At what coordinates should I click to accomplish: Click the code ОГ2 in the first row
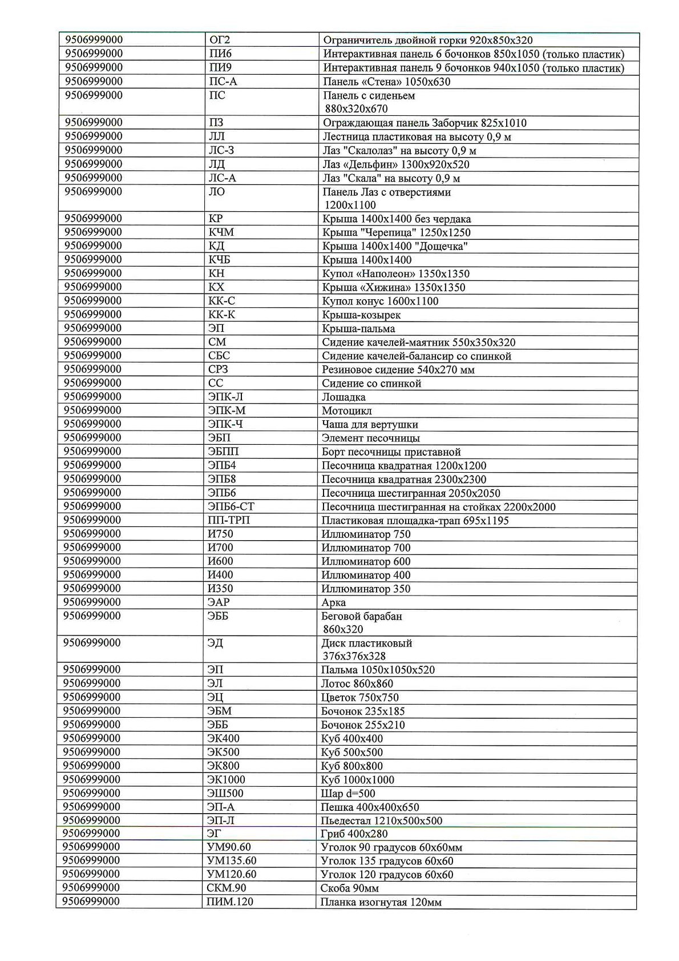coord(220,40)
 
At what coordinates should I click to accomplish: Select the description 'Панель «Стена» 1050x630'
coord(386,82)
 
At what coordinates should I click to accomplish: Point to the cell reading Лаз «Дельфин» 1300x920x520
coord(395,164)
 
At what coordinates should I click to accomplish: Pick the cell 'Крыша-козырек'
coord(361,315)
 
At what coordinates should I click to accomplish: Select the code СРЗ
coord(218,369)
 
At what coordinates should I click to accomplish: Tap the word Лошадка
coord(343,397)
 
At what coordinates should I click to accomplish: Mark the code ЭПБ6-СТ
coord(231,506)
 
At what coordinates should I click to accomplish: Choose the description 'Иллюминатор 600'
coord(366,561)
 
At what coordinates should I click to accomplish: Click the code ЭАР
coord(219,602)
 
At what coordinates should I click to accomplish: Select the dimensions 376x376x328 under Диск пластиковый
coord(354,656)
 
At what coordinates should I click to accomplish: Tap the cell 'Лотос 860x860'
coord(357,683)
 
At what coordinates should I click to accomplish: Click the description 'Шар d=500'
coord(348,793)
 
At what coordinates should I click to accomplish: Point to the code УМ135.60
coord(232,861)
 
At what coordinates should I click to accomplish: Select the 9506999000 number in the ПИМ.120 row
coord(91,902)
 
